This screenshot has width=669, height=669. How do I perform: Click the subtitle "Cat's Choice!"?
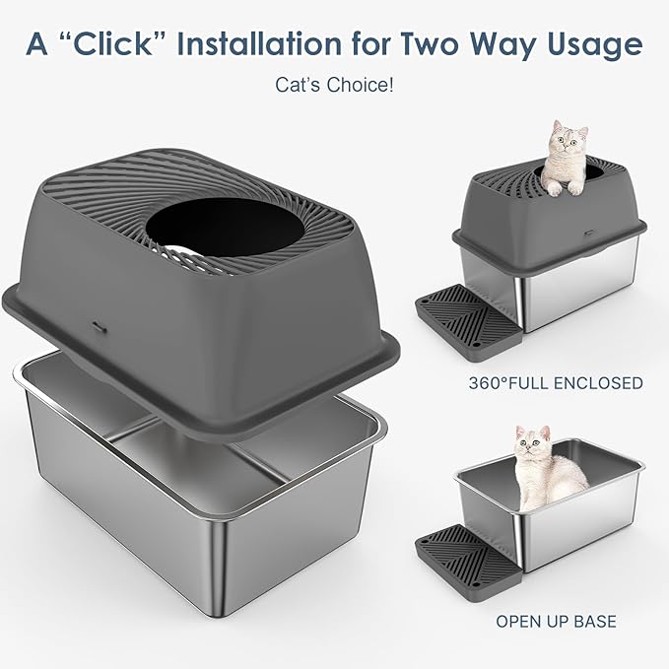[x=334, y=86]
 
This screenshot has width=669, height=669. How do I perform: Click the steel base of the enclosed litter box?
[x=581, y=291]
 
